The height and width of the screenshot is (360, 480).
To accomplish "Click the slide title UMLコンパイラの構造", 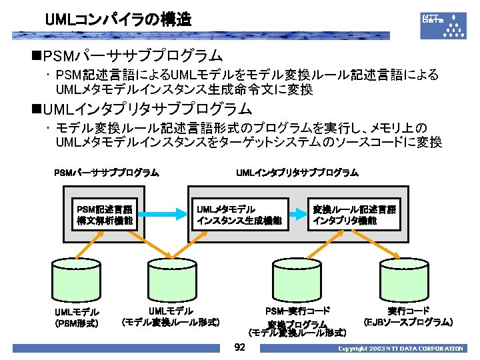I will (118, 20).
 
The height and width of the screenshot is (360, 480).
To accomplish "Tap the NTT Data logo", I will (443, 24).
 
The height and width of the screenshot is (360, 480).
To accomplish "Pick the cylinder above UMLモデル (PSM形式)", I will (77, 280).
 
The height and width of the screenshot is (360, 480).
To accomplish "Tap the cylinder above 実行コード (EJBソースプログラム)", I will (408, 280).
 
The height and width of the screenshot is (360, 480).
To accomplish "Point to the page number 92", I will (241, 348).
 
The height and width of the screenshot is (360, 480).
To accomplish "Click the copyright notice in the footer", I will (400, 349).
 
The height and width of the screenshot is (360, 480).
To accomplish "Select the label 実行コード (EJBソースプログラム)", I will (409, 317).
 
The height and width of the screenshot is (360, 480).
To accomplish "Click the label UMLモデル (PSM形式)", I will (77, 318).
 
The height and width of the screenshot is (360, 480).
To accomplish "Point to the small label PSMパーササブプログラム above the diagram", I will (106, 173).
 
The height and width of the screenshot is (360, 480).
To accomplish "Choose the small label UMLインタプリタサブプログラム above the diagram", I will (297, 173).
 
